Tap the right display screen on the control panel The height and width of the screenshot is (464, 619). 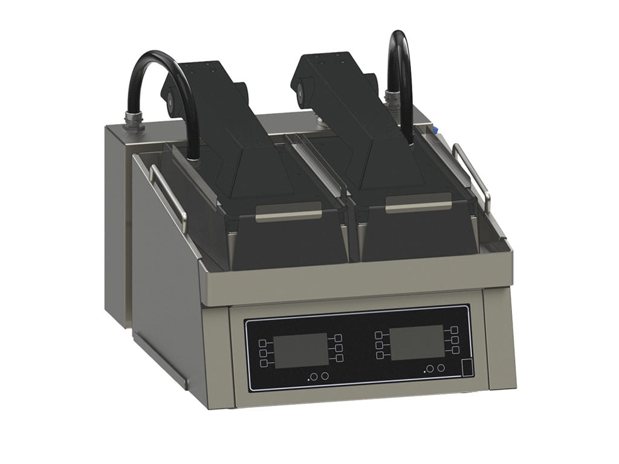pyautogui.click(x=416, y=343)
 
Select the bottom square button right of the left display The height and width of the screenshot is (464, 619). pyautogui.click(x=339, y=358)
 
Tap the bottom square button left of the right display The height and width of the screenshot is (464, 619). pyautogui.click(x=380, y=355)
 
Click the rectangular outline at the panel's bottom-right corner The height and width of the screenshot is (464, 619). pyautogui.click(x=467, y=367)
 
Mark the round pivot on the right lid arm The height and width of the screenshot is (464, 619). pyautogui.click(x=300, y=92)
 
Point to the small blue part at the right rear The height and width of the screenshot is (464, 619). pyautogui.click(x=434, y=129)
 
